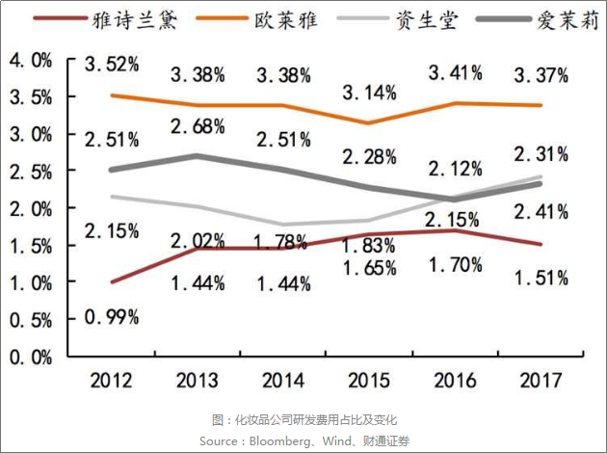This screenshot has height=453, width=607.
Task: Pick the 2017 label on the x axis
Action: (x=539, y=381)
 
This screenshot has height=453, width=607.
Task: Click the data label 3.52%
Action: (x=112, y=66)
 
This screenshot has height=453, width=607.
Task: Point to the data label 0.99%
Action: (x=112, y=316)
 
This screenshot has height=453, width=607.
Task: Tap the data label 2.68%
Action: (x=198, y=127)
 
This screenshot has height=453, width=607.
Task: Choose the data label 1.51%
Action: (x=540, y=279)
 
